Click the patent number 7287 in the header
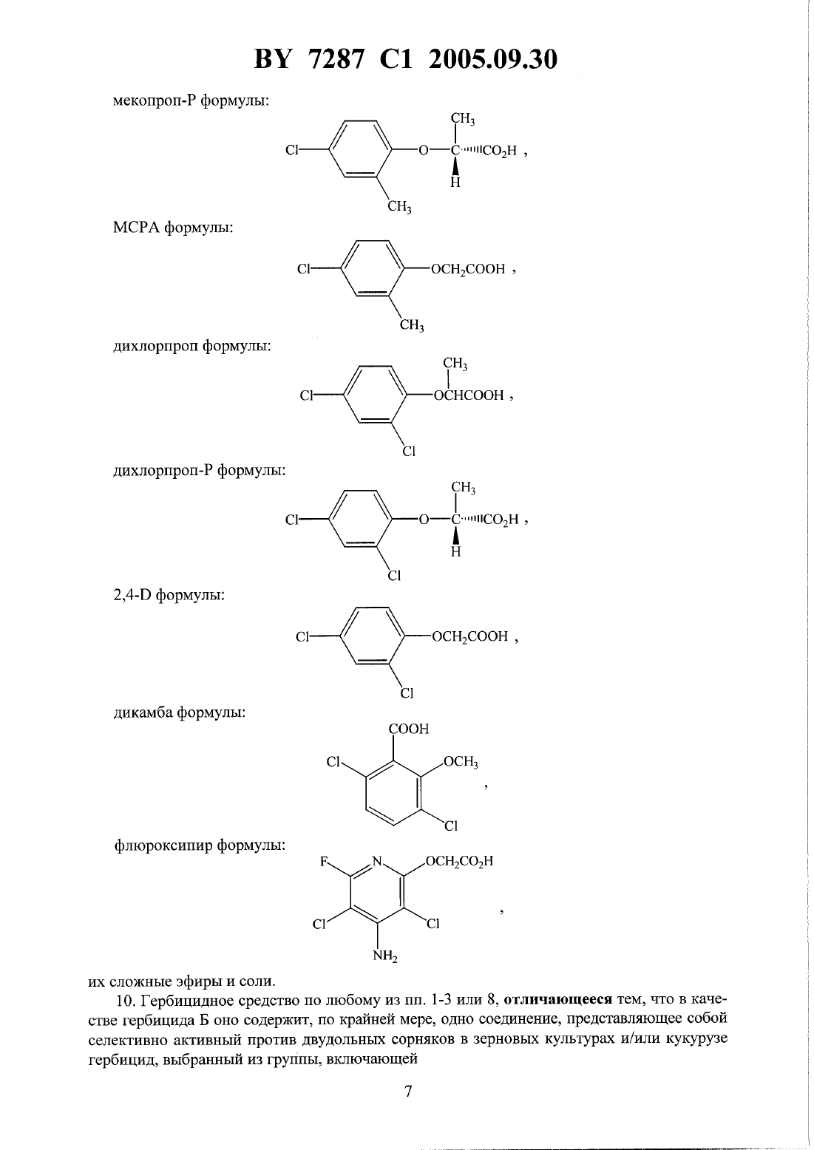click(337, 60)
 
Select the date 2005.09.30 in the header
click(492, 60)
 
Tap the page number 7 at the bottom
click(408, 1091)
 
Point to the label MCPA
click(135, 227)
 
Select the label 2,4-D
click(132, 596)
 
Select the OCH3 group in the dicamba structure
click(461, 762)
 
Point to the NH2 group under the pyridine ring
click(385, 956)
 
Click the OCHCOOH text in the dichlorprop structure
click(469, 395)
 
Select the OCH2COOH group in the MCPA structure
click(468, 269)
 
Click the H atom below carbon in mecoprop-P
click(455, 183)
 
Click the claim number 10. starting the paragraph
click(125, 1000)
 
